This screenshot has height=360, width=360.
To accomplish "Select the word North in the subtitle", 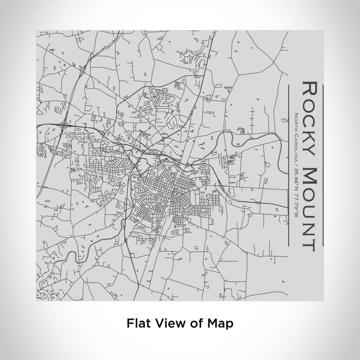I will [296, 120].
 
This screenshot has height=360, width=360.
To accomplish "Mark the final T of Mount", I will [309, 241].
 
